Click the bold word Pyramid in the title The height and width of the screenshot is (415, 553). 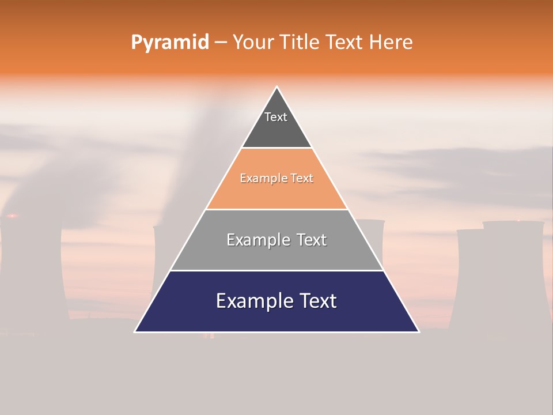pos(169,43)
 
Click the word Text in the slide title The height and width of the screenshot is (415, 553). pos(344,42)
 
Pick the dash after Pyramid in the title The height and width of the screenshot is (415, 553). pos(221,43)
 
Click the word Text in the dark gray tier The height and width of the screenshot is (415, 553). pos(276,117)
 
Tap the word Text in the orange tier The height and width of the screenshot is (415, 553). pos(302,179)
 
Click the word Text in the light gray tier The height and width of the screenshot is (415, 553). pos(312,240)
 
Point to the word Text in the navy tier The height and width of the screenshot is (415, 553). pos(317,301)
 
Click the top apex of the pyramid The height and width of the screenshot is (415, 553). pos(276,87)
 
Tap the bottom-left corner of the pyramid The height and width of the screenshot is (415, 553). pos(135,331)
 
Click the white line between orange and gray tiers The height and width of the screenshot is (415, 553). pos(276,209)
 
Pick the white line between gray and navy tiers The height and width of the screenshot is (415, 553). pos(276,270)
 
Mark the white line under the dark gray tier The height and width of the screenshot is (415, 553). pos(276,148)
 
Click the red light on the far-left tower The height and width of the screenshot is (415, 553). pos(11,216)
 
